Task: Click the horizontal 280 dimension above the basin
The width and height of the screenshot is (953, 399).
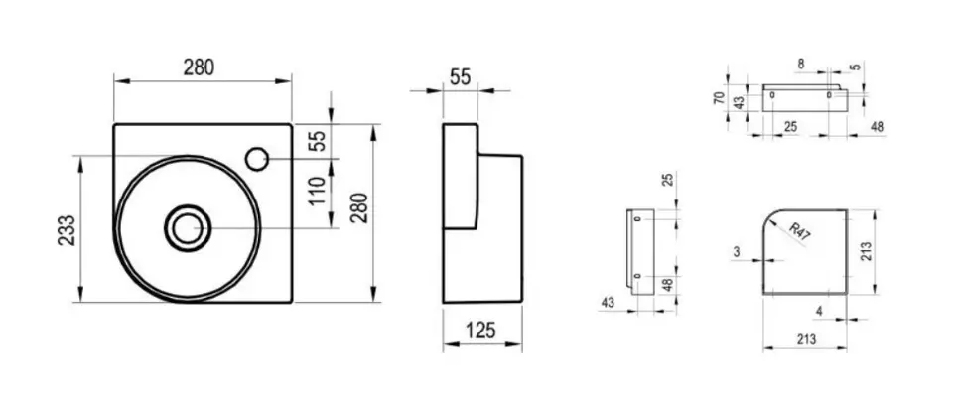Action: [200, 67]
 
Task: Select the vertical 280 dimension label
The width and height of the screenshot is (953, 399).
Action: [360, 207]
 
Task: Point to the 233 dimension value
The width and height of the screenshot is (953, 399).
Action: [67, 230]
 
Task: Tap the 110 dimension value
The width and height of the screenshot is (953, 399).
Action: [318, 191]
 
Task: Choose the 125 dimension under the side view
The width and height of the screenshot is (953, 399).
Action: [480, 331]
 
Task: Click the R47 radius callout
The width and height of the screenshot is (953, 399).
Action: [799, 232]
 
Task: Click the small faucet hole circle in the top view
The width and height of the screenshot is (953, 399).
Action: [256, 159]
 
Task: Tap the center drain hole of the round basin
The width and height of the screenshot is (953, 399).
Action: [188, 227]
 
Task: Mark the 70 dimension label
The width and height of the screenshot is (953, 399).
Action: [719, 98]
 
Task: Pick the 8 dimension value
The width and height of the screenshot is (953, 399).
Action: [800, 63]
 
